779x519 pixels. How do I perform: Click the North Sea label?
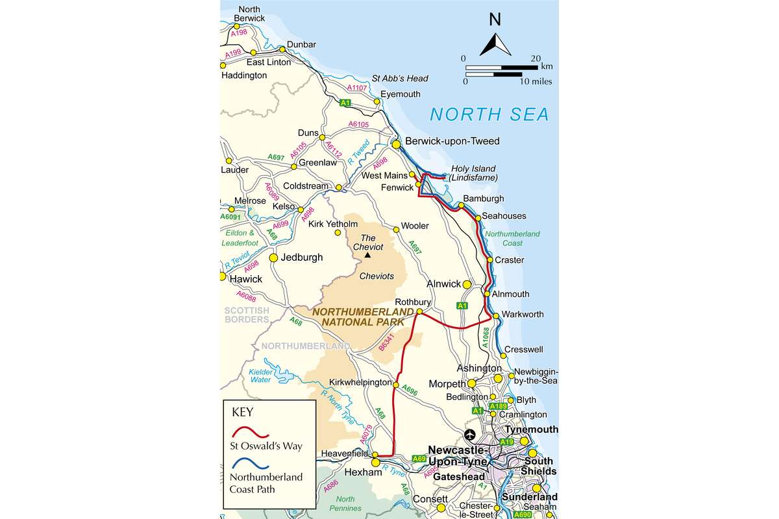(x=489, y=115)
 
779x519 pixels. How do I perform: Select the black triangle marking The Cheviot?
(x=367, y=255)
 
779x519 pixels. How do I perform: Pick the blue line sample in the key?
(x=251, y=464)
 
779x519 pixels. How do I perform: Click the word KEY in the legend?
(x=243, y=411)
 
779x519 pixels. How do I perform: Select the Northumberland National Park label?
(x=363, y=316)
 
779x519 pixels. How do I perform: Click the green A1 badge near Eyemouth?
(x=345, y=103)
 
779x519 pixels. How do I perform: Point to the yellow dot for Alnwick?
(x=467, y=284)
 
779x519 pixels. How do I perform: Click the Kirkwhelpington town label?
(x=360, y=383)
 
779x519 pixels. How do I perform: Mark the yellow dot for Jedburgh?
(x=273, y=258)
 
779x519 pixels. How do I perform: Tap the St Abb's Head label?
(x=400, y=78)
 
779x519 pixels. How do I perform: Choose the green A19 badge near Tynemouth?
(x=506, y=441)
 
